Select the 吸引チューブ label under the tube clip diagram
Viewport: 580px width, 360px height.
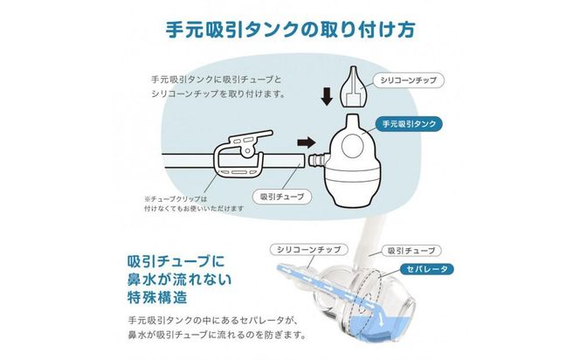point(282,197)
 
